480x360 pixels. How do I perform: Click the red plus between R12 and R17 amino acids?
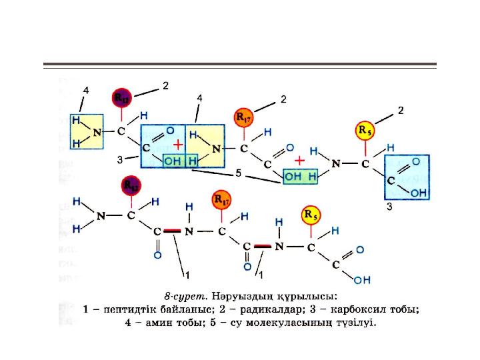[x=178, y=145]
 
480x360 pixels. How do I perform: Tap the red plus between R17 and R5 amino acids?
[x=300, y=161]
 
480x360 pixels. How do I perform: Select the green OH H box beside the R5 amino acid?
[x=300, y=177]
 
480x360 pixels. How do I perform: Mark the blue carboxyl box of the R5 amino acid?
[x=406, y=177]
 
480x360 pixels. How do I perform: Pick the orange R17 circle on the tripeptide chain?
[x=221, y=199]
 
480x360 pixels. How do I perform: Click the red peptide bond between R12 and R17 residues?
[x=172, y=231]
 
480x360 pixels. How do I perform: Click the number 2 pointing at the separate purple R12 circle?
[x=165, y=85]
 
